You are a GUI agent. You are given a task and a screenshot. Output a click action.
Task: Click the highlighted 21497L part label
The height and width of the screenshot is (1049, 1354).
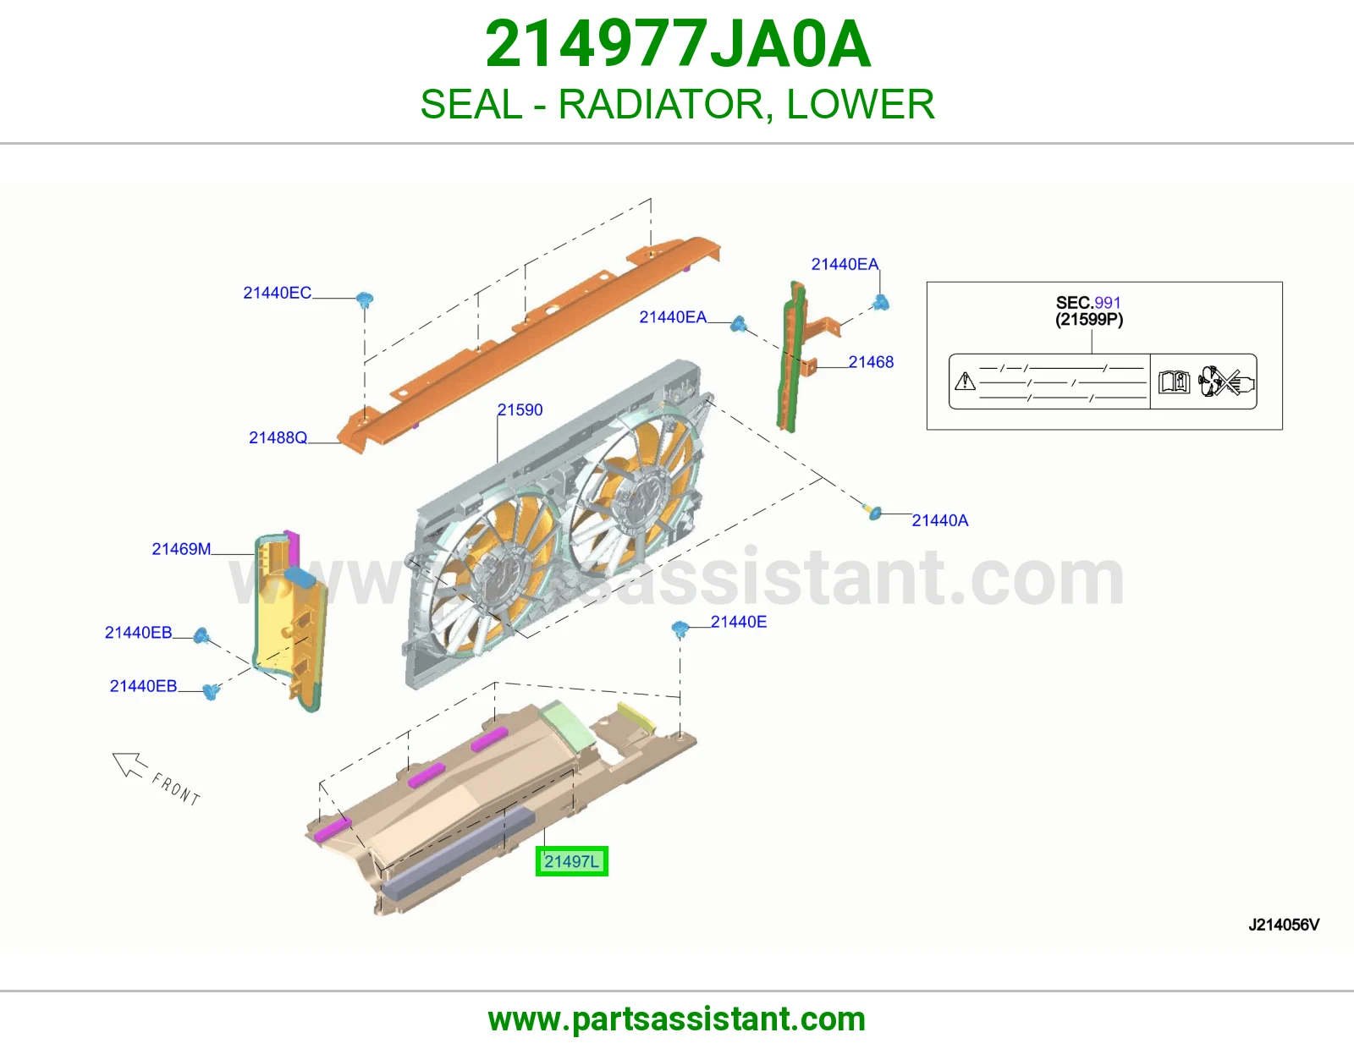571,861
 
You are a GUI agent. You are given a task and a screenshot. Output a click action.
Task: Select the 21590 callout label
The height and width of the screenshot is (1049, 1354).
520,410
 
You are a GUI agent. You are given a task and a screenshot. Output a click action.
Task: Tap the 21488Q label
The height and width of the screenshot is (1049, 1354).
278,438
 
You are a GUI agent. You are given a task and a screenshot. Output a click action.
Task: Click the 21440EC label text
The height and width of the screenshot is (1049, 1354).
278,293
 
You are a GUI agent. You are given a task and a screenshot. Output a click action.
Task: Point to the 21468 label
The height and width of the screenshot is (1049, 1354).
871,362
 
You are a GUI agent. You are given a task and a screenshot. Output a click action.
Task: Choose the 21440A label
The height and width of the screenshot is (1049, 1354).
939,521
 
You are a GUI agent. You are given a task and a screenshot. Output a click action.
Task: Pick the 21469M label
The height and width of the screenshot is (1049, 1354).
181,549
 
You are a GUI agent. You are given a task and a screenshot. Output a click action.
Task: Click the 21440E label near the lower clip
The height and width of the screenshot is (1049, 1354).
739,622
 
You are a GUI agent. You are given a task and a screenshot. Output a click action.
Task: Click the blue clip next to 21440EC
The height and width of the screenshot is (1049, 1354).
365,300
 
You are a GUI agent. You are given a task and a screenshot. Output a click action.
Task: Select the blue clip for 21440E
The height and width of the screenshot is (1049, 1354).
680,629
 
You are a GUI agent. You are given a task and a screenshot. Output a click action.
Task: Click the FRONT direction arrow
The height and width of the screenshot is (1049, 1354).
129,764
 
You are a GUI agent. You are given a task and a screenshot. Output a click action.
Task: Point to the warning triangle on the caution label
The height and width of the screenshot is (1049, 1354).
966,381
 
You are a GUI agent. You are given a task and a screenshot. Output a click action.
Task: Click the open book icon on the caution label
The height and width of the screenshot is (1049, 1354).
1174,382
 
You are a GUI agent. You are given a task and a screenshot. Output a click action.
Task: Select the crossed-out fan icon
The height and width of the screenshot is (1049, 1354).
1226,381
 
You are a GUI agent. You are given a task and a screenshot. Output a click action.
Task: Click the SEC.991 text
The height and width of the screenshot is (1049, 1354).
1088,303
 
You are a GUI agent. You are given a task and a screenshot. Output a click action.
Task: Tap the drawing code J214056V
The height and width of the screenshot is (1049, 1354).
1284,925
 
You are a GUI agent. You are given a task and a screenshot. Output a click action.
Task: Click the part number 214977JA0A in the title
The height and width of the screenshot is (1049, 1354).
677,44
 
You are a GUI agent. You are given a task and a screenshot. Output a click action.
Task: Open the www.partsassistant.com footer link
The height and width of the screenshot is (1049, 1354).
677,1019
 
